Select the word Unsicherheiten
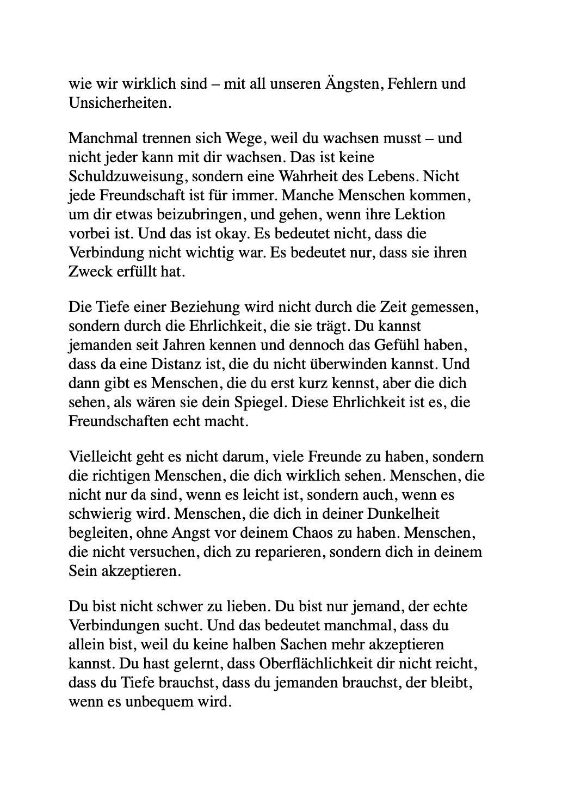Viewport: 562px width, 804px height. tap(119, 103)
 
